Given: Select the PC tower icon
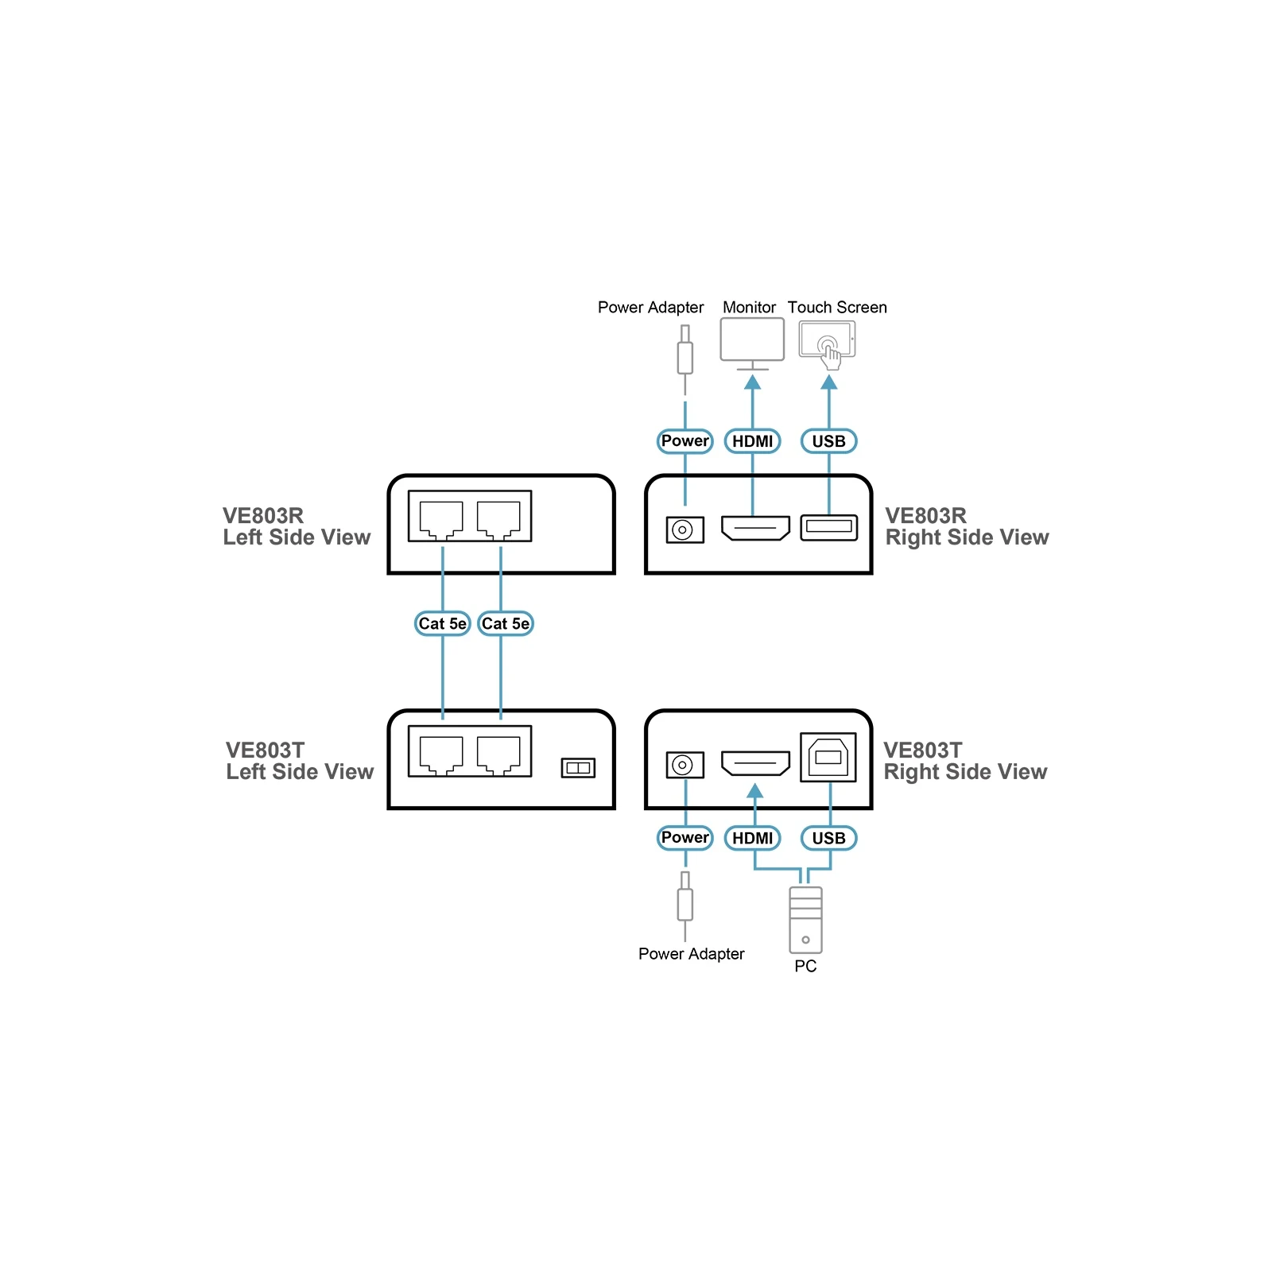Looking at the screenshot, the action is [805, 920].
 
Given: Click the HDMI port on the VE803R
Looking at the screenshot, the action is [755, 528].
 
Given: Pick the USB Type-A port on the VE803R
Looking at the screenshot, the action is [829, 527].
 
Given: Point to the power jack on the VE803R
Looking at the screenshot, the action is [684, 529].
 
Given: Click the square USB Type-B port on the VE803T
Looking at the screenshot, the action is [828, 758].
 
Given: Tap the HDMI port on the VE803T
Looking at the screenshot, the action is [755, 763].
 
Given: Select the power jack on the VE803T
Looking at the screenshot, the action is [684, 765].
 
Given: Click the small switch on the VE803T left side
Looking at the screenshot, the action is [578, 768].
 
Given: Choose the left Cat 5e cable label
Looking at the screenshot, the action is [443, 623].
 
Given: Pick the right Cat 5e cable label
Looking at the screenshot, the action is [506, 623].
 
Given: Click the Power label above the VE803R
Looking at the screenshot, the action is [685, 441].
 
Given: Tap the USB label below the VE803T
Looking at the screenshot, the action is [829, 838].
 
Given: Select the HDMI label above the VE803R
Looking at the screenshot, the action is [753, 441].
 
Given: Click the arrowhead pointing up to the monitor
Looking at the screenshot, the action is [752, 382].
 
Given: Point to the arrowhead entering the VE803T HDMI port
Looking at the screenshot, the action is [755, 790].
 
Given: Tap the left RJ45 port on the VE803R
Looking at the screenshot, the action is [440, 519].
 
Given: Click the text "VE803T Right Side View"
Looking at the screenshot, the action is [965, 761].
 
